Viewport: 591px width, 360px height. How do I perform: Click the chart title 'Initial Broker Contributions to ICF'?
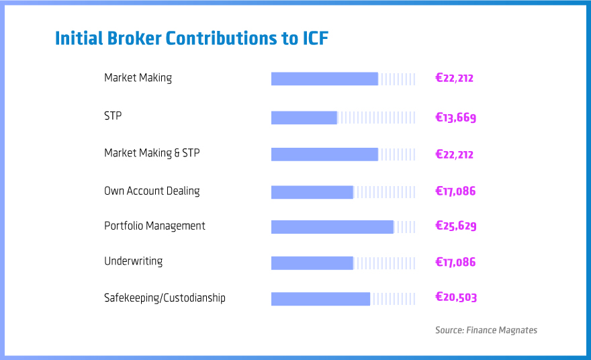tap(191, 38)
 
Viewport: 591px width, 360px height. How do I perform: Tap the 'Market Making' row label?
tap(138, 78)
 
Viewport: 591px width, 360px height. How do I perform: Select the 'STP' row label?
tap(113, 116)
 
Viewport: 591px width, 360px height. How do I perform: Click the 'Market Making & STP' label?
tap(152, 153)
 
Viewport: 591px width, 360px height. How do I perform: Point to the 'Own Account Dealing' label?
tap(152, 191)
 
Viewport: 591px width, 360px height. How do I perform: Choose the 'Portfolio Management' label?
tap(154, 226)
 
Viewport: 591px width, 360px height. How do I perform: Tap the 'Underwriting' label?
tap(133, 261)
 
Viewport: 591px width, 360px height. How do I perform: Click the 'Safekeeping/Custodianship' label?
tap(165, 298)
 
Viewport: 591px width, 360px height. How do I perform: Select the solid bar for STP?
tap(304, 118)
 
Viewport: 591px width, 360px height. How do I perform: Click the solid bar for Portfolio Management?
tap(332, 227)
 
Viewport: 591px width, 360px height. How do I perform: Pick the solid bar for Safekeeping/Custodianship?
tap(320, 299)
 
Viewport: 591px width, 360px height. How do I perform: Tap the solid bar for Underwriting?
tap(312, 263)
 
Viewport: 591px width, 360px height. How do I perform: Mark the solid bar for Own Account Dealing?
tap(312, 192)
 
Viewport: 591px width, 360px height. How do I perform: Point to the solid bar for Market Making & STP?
tap(324, 154)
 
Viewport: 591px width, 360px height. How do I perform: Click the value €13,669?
tap(455, 118)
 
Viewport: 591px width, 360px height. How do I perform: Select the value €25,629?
tap(455, 226)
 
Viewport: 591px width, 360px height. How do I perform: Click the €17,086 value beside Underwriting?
tap(455, 262)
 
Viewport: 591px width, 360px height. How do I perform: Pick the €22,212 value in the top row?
tap(454, 78)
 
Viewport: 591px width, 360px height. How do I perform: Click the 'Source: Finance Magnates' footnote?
tap(486, 330)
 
